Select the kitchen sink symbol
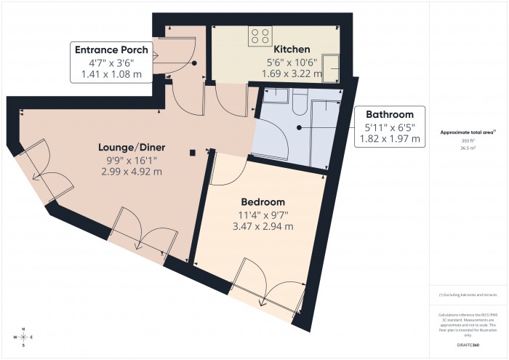pyautogui.click(x=335, y=68)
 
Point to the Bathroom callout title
pyautogui.click(x=390, y=114)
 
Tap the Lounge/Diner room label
pyautogui.click(x=130, y=146)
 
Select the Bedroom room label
pyautogui.click(x=262, y=201)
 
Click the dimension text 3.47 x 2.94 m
pyautogui.click(x=262, y=226)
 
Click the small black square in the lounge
pyautogui.click(x=192, y=153)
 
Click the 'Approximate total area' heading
pyautogui.click(x=468, y=132)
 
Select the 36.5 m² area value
pyautogui.click(x=468, y=148)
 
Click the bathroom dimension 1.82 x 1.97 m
pyautogui.click(x=390, y=139)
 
